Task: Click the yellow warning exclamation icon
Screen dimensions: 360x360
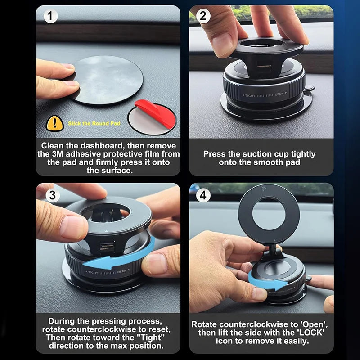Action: (54, 123)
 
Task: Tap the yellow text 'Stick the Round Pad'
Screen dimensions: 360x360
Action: (94, 123)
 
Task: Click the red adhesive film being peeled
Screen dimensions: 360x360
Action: (154, 112)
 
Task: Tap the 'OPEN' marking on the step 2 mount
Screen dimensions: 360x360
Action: (279, 94)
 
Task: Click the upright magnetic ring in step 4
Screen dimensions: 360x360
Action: (269, 214)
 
